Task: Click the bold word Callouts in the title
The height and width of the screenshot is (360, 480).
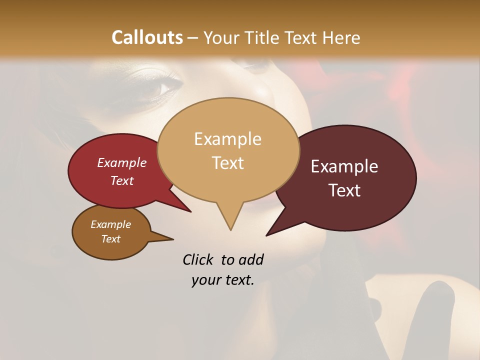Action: tap(147, 37)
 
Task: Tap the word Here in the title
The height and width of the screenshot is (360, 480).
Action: tap(341, 37)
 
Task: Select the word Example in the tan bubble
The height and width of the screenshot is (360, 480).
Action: tap(227, 139)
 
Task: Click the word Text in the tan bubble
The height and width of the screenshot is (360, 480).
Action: tap(227, 162)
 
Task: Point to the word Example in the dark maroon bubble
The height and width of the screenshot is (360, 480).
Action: tap(344, 166)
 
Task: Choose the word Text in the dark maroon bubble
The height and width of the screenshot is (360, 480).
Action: tap(345, 190)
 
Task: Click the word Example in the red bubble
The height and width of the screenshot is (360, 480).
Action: tap(122, 162)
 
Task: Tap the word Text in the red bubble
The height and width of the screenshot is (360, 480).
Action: tap(122, 180)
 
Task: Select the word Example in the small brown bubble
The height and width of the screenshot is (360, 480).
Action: tap(111, 224)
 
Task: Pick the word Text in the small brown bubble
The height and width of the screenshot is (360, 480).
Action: tap(111, 239)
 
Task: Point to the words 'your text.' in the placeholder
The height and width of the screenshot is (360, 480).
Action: tap(222, 280)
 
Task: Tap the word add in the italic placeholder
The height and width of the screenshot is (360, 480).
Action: tap(251, 259)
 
